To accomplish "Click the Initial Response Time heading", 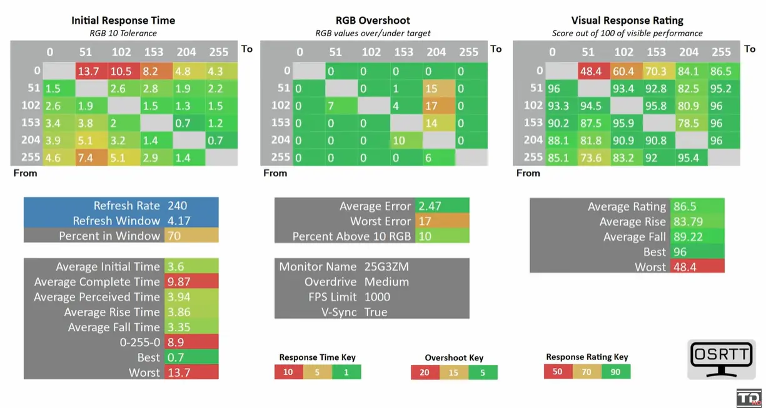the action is (x=123, y=21).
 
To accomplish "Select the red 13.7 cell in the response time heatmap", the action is (x=92, y=71).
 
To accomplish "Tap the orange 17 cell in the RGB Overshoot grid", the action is (x=439, y=106).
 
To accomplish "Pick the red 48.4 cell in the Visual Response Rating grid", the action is (x=594, y=71).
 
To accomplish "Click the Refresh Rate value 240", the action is (x=177, y=206).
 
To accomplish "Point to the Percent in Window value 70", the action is (x=174, y=236).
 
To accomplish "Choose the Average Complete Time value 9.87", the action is (x=178, y=282).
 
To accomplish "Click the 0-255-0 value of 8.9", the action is (x=176, y=342).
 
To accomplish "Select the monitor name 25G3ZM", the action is (x=386, y=267).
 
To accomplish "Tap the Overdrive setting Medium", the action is (x=386, y=282).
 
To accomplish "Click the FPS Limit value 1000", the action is (x=377, y=297).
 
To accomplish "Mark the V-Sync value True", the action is (x=376, y=312).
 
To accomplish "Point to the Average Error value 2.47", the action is (x=430, y=206).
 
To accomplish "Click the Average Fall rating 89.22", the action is (x=688, y=236).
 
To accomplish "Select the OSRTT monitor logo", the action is (x=722, y=359).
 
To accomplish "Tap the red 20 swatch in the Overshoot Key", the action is (x=425, y=372).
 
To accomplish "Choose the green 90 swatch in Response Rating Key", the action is (x=616, y=372).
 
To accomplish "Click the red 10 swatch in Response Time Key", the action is (x=289, y=372).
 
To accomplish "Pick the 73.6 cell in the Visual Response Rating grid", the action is (x=594, y=157).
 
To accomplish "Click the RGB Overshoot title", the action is (x=373, y=21).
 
